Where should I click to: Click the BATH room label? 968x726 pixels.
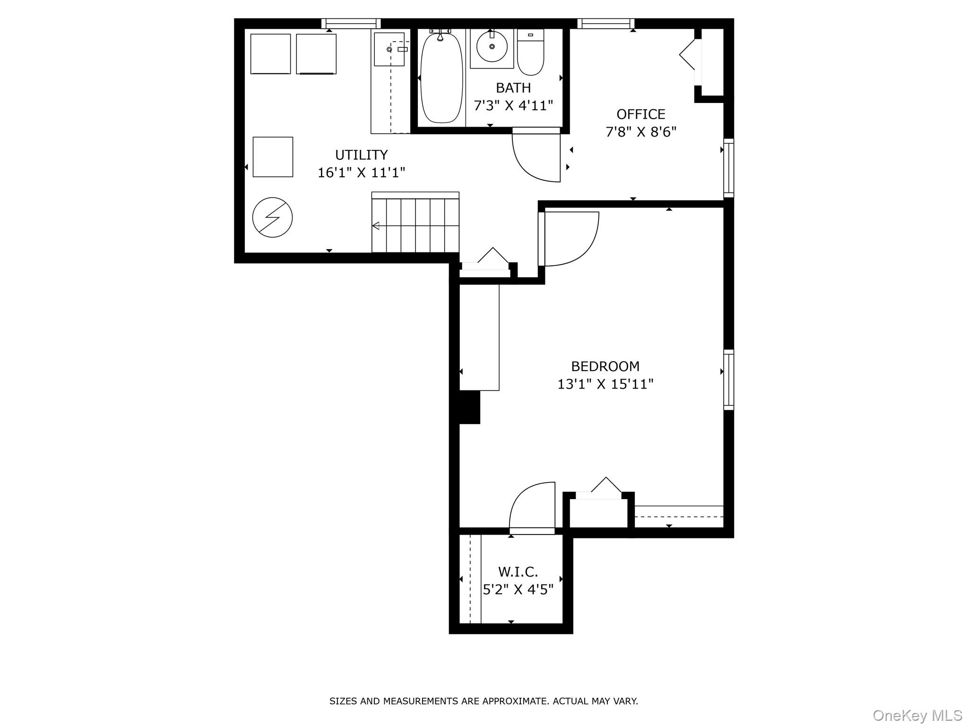point(513,88)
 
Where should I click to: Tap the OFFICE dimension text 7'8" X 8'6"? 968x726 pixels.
point(641,132)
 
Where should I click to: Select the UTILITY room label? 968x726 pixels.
point(362,155)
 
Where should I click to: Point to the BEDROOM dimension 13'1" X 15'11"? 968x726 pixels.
point(605,384)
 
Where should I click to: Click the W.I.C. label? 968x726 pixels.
point(518,572)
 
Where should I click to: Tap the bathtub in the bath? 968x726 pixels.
point(441,78)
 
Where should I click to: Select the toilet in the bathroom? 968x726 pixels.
point(530,52)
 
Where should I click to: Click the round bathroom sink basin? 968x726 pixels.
point(492,47)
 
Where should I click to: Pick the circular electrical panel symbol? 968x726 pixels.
point(273,217)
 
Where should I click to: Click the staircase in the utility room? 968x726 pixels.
point(415,222)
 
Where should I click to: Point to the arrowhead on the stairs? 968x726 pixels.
point(376,226)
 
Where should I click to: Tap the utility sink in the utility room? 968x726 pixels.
point(389,49)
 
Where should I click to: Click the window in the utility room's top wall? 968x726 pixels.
point(351,24)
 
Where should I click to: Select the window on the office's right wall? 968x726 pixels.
point(729,168)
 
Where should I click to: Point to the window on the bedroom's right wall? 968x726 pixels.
point(729,380)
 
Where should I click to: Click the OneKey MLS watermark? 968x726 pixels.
point(917,715)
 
